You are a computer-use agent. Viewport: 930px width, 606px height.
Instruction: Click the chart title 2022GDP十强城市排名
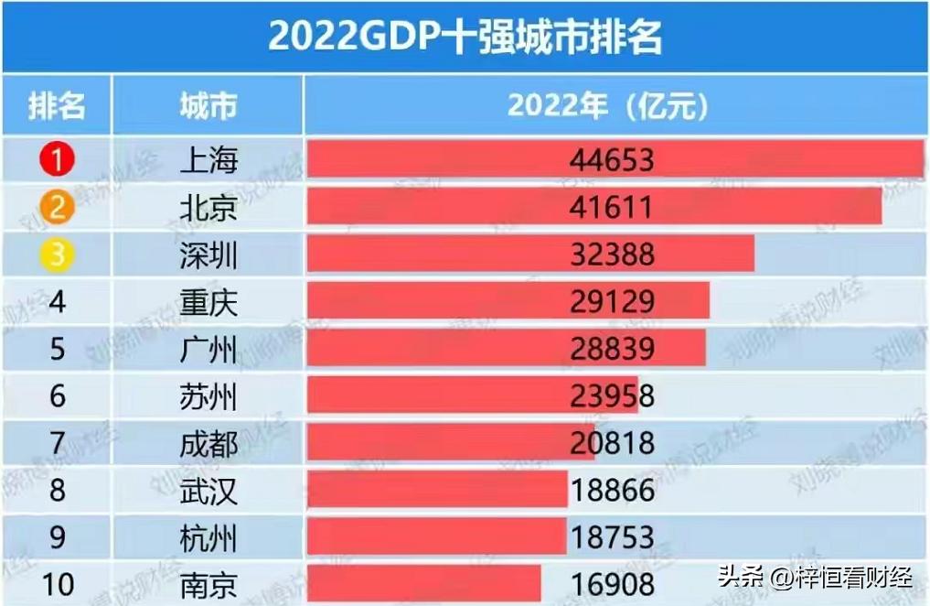[x=465, y=37]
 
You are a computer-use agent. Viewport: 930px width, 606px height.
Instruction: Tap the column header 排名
[x=57, y=106]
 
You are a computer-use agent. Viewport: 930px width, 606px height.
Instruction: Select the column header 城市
[x=208, y=106]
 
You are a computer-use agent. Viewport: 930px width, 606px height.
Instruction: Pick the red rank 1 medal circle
[x=57, y=160]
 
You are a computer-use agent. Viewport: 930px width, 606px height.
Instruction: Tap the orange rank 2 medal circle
[x=57, y=208]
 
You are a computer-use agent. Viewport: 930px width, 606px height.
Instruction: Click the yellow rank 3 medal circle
[x=57, y=254]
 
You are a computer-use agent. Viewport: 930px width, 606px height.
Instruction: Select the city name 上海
[x=208, y=160]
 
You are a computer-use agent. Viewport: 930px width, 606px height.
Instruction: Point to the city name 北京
[x=208, y=208]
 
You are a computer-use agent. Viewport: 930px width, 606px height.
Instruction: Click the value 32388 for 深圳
[x=612, y=254]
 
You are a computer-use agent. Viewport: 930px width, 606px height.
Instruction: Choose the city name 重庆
[x=208, y=302]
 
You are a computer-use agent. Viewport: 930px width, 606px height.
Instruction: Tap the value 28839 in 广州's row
[x=612, y=349]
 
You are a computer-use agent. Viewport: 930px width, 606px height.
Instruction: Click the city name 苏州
[x=208, y=396]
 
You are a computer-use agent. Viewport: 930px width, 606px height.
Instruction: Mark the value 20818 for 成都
[x=612, y=443]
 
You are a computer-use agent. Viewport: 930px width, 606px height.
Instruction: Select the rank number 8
[x=57, y=491]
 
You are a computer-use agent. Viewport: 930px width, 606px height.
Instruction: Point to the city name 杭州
[x=208, y=537]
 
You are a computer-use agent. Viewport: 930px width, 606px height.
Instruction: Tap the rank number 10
[x=57, y=584]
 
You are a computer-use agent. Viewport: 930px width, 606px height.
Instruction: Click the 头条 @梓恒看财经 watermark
[x=814, y=578]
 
